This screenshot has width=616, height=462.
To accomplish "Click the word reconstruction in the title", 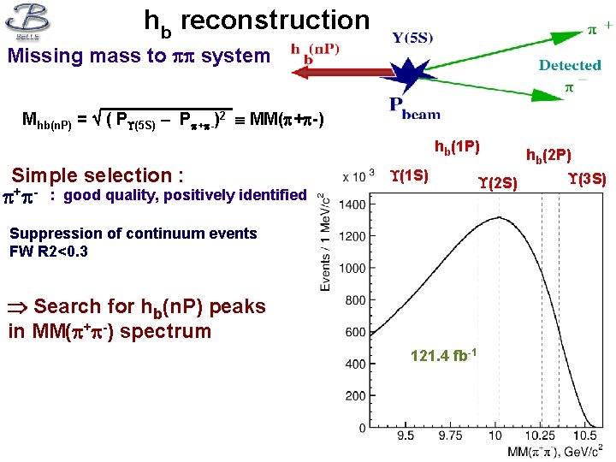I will (x=275, y=21).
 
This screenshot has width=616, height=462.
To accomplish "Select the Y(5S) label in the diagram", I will (x=413, y=37).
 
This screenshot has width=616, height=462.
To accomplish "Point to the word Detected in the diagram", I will (x=570, y=65).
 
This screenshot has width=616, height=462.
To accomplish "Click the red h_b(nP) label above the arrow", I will (x=315, y=49).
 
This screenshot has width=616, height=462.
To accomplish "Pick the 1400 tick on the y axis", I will (x=355, y=204).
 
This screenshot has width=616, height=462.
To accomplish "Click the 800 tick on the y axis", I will (x=358, y=300).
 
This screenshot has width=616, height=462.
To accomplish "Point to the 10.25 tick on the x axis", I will (x=542, y=436).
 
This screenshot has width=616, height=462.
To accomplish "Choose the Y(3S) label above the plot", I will (x=587, y=179).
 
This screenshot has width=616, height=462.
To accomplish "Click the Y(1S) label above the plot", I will (x=409, y=176).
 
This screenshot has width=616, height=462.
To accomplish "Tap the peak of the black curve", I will (x=499, y=216).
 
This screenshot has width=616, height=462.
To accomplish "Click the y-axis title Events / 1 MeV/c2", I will (x=326, y=241).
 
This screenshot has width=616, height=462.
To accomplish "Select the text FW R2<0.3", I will (x=49, y=252).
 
